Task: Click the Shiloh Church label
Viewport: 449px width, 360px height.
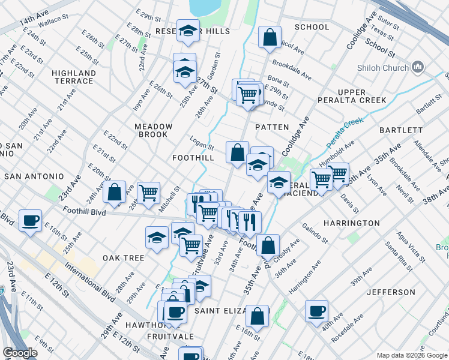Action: coord(382,68)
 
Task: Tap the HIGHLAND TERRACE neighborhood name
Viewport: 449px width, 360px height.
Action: coord(74,77)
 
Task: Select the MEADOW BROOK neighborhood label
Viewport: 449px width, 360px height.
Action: coord(154,130)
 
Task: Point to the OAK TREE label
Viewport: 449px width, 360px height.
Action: coord(123,258)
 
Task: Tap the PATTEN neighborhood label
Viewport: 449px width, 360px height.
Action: coord(272,127)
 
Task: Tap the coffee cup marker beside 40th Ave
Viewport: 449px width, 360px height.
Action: coord(316,311)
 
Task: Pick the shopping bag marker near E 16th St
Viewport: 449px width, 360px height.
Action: coord(257,315)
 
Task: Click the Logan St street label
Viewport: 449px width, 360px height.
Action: coord(202,145)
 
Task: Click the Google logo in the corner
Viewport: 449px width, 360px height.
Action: coord(20,353)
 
